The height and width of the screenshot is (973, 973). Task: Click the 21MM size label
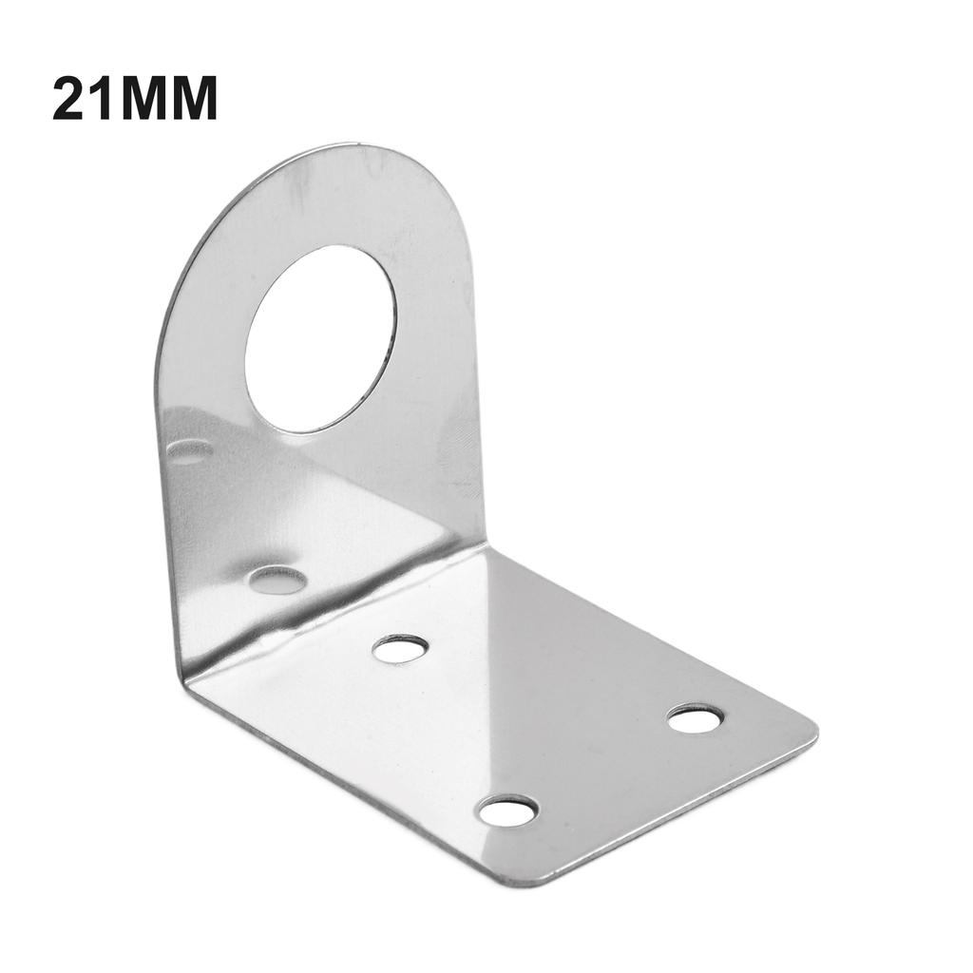(x=134, y=99)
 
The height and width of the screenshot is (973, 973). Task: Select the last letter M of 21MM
(x=194, y=99)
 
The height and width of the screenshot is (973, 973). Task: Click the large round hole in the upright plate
(x=320, y=338)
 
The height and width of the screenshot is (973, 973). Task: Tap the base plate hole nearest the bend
(x=399, y=649)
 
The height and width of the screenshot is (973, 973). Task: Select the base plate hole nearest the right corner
(x=695, y=719)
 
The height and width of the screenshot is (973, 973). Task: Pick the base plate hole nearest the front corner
(x=507, y=811)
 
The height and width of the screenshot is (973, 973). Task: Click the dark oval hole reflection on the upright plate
(x=277, y=580)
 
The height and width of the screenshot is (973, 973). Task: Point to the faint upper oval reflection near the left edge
(x=190, y=450)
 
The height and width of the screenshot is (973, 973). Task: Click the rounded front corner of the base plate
(x=532, y=880)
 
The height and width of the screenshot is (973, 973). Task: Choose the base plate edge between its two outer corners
(x=675, y=808)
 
